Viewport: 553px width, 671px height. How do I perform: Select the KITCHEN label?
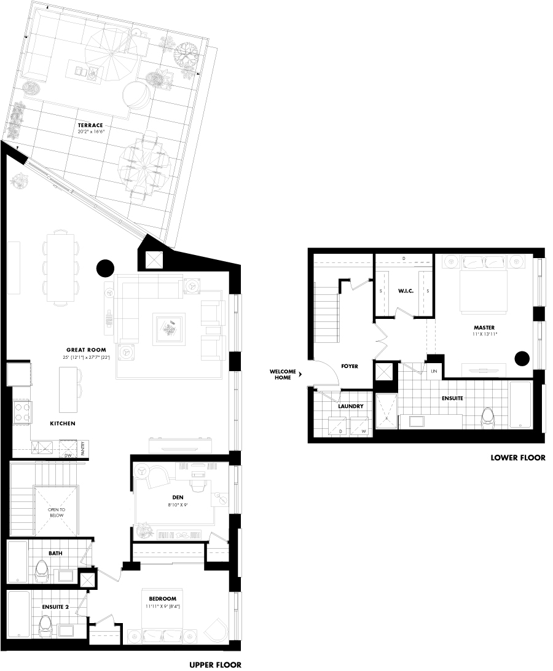(x=63, y=423)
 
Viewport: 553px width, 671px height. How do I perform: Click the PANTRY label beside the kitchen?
(x=82, y=448)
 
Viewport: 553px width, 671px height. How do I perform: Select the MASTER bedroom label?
(x=484, y=328)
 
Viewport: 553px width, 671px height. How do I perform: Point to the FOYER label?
(x=349, y=366)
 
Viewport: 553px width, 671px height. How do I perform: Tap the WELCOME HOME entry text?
(x=283, y=374)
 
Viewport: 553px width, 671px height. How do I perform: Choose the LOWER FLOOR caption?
(x=518, y=458)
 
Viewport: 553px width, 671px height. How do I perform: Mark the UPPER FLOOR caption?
(x=215, y=664)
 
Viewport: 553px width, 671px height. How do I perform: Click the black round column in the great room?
(x=105, y=268)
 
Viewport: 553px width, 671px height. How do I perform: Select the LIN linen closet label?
(x=434, y=371)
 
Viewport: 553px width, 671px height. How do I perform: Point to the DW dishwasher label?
(x=68, y=456)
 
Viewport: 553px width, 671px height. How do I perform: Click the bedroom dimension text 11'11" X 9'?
(x=163, y=606)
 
